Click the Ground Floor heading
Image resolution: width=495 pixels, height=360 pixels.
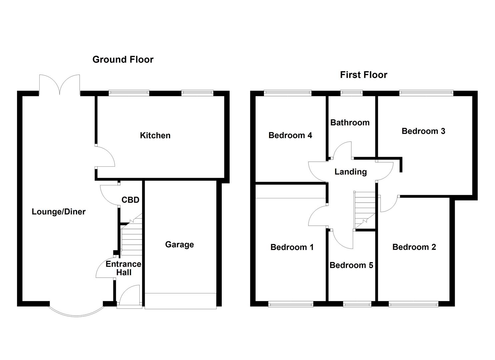click(123, 60)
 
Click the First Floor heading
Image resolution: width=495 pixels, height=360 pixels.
click(363, 75)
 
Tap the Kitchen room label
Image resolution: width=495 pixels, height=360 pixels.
click(155, 135)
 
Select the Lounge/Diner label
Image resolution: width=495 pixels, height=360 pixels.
click(59, 212)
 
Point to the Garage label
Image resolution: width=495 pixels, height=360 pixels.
click(179, 245)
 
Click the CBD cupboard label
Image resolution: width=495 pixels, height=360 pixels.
click(130, 200)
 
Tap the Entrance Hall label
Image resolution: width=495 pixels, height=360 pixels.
click(124, 268)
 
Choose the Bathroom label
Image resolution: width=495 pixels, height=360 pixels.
click(350, 123)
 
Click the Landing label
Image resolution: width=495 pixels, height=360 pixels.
click(350, 172)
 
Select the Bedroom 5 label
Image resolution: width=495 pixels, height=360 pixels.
click(351, 265)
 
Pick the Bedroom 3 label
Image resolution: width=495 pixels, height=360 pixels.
click(423, 131)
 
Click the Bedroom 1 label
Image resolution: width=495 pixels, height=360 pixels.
click(292, 247)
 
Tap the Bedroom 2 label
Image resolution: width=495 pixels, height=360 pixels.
click(414, 247)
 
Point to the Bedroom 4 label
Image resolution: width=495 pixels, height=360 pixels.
click(290, 135)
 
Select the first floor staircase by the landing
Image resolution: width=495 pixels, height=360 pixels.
click(365, 210)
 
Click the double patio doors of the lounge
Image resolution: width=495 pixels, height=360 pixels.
click(59, 85)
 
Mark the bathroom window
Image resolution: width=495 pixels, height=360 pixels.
click(351, 93)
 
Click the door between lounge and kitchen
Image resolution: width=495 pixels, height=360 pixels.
click(105, 157)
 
